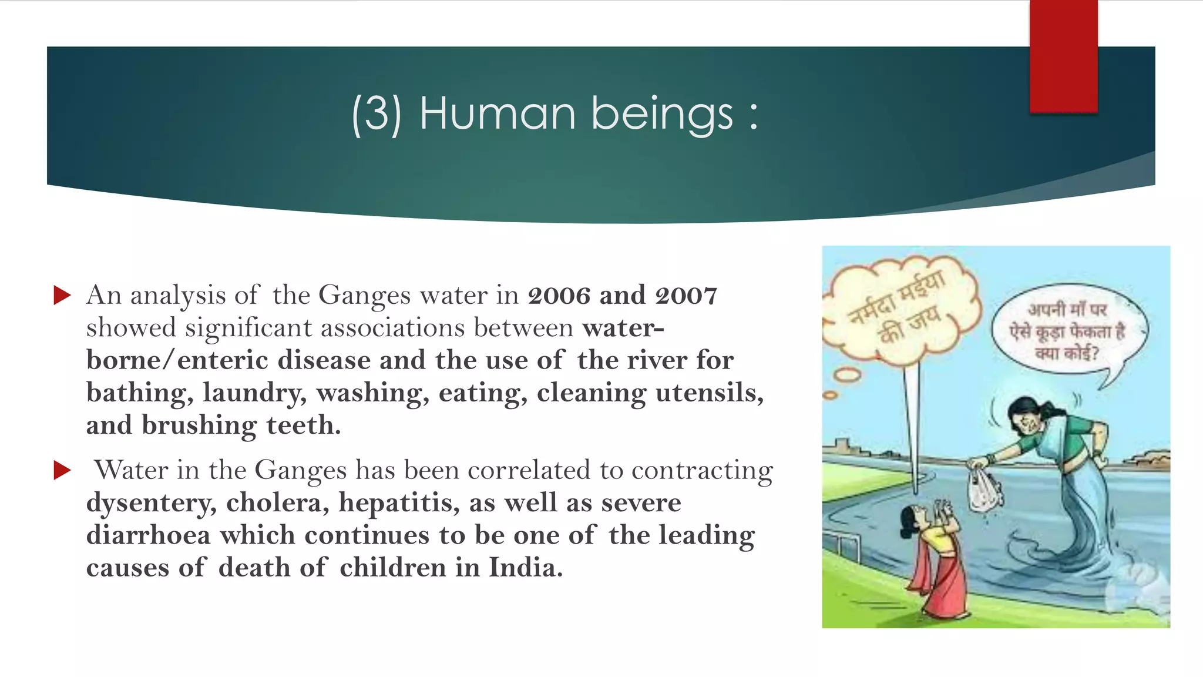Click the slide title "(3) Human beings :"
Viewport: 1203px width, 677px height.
(555, 113)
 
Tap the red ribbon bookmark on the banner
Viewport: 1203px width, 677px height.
(1063, 56)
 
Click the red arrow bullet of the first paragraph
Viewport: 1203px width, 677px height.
(62, 295)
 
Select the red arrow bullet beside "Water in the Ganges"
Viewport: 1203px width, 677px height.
(62, 470)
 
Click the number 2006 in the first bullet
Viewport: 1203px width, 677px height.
(559, 296)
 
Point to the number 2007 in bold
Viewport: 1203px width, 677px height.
(686, 296)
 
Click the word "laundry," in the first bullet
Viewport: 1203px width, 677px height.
(254, 393)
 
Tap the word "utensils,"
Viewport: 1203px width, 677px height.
(710, 393)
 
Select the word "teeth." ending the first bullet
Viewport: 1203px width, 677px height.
(303, 425)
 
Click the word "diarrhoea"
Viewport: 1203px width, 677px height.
(149, 535)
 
